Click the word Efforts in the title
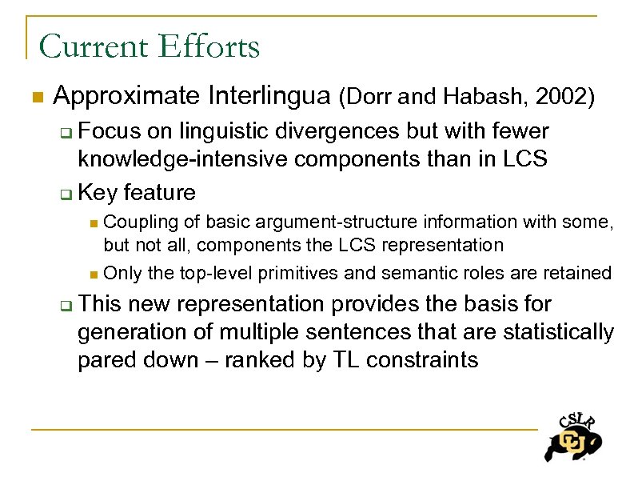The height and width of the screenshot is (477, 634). click(x=210, y=46)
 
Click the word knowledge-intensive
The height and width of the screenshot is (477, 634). click(x=183, y=158)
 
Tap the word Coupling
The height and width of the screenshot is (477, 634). click(x=137, y=221)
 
